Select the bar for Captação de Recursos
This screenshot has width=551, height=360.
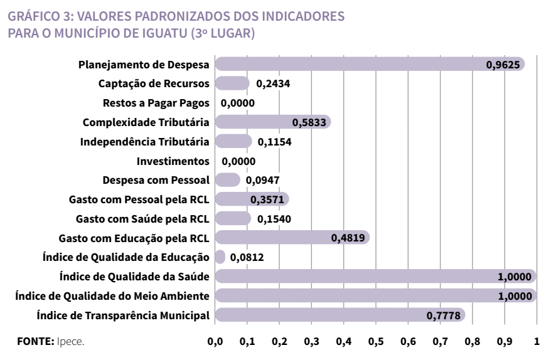tap(232, 83)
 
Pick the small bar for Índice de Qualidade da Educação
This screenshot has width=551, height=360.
tap(220, 257)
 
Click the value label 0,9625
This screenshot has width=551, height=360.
tap(504, 65)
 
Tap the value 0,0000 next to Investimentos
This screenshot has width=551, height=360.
tap(238, 161)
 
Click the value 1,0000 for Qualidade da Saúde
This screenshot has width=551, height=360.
tap(515, 277)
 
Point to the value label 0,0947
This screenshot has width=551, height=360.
tap(262, 181)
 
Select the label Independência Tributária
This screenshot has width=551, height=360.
tap(145, 142)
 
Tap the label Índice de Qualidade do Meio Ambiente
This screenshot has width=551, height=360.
tap(113, 296)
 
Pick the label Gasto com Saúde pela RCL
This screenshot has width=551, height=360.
tap(142, 219)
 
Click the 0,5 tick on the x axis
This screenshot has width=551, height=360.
tap(375, 343)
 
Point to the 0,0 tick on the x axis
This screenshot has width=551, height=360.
tap(215, 343)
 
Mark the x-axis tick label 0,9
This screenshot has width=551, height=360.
tap(504, 343)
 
